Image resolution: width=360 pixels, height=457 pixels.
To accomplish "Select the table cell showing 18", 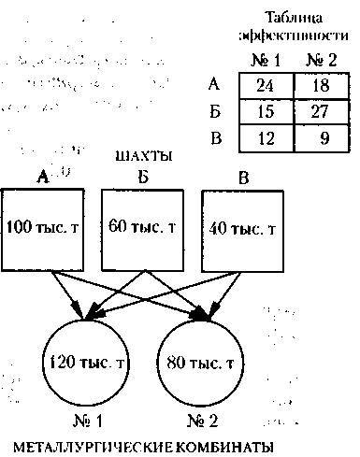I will click(319, 87).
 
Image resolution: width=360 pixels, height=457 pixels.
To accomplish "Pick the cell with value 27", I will click(319, 114).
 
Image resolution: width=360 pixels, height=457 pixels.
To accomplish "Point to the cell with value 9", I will click(319, 140).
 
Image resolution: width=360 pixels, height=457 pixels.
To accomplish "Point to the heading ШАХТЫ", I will click(143, 155).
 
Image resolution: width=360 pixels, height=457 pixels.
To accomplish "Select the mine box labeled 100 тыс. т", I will click(43, 227).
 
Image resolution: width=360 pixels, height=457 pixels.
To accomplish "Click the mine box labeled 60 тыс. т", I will click(140, 227).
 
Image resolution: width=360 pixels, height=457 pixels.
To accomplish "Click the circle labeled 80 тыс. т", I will click(204, 361).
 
